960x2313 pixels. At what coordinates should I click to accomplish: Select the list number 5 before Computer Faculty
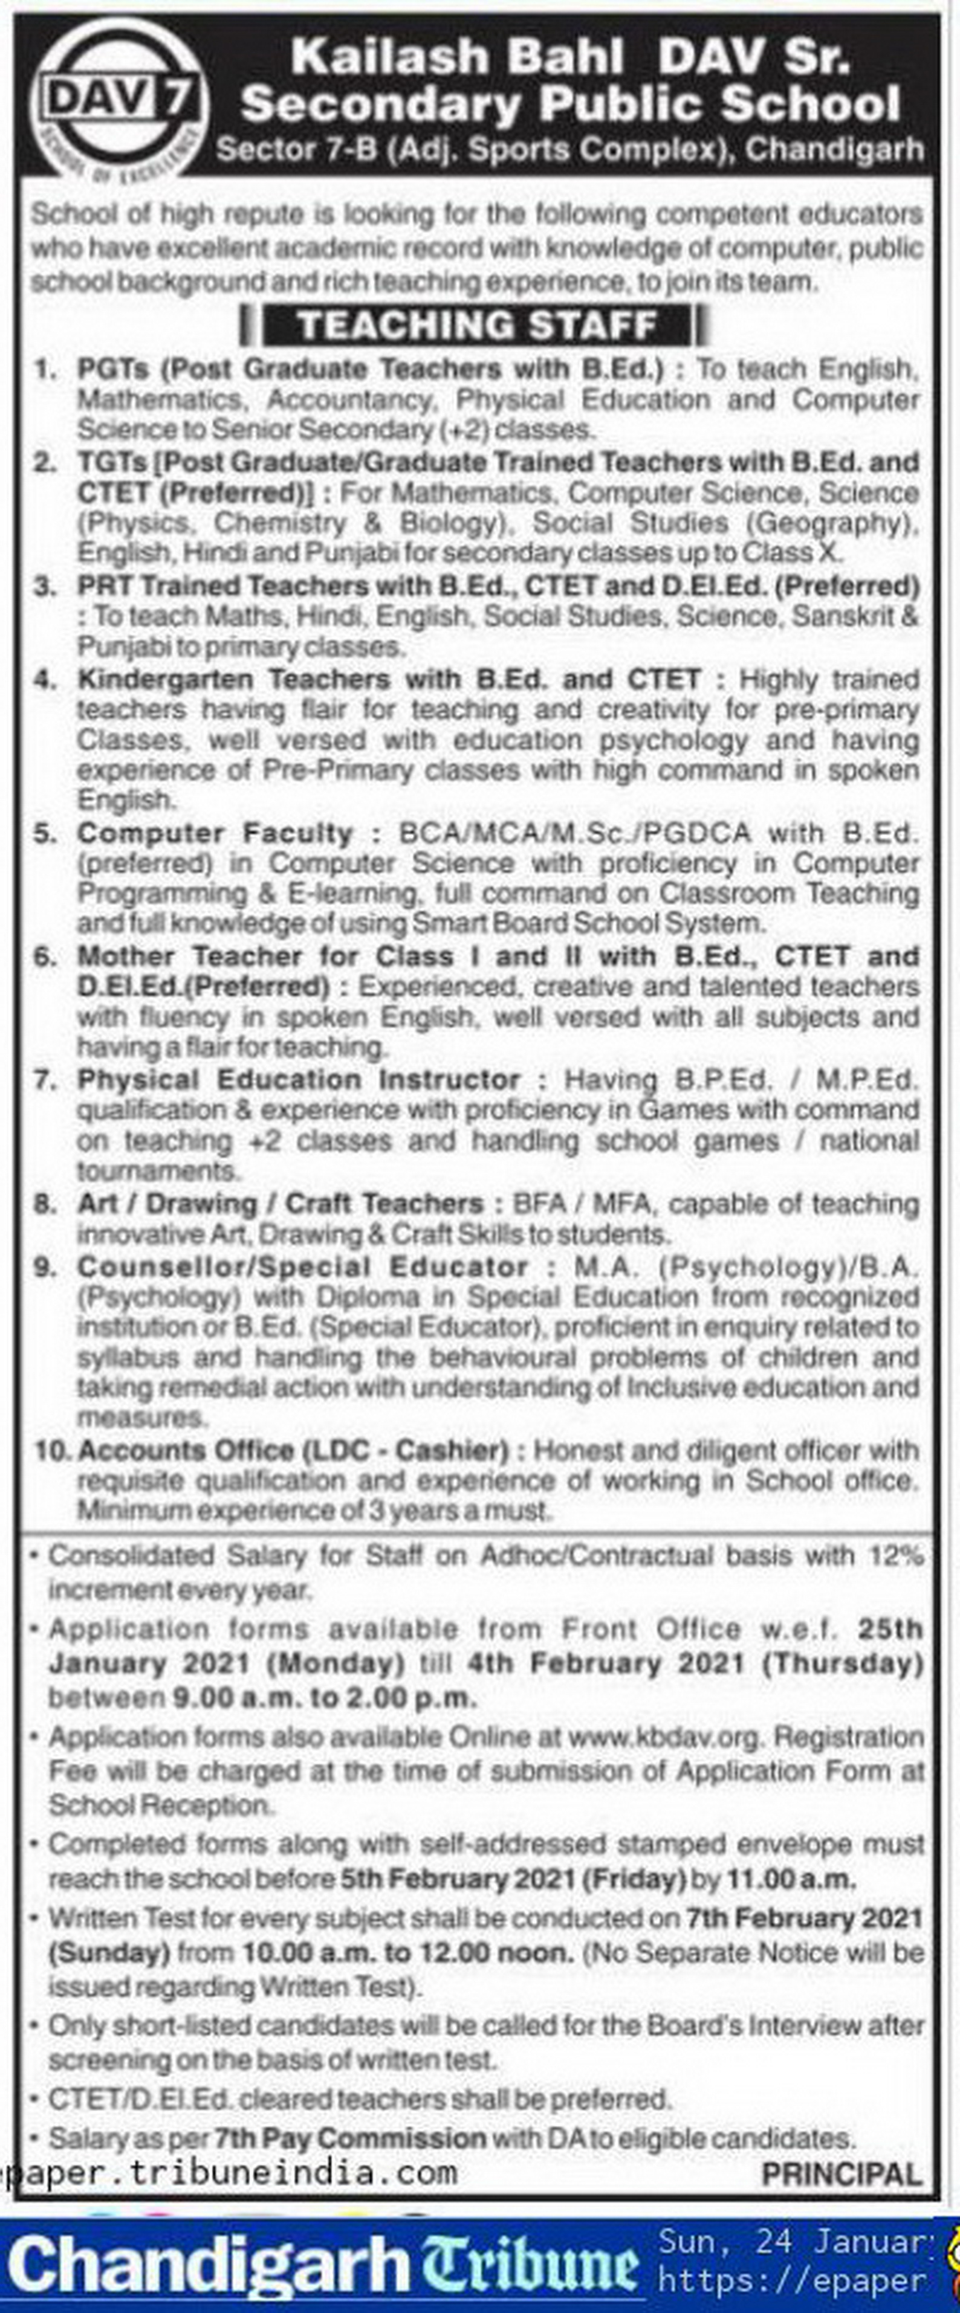pos(45,833)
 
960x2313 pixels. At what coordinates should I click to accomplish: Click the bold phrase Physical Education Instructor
pos(299,1079)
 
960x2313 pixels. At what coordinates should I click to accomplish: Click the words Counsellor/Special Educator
pos(303,1267)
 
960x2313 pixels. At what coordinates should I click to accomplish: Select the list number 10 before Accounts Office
pos(51,1450)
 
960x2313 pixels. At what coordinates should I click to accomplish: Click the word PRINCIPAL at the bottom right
pos(842,2174)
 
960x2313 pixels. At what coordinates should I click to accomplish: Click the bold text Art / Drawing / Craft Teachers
pos(280,1203)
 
